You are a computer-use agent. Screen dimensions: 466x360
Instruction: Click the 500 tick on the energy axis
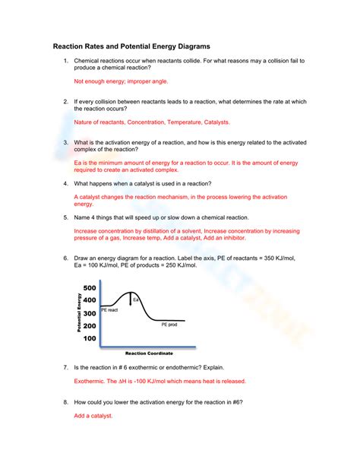[90, 287]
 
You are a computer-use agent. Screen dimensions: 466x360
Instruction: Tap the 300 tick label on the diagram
[90, 312]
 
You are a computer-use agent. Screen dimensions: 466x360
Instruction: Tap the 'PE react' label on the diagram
[110, 310]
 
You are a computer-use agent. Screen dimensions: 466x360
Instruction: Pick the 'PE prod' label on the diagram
[169, 325]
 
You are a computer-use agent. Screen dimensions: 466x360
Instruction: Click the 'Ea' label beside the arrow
[137, 300]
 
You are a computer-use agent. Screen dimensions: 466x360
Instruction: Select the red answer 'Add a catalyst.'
[93, 416]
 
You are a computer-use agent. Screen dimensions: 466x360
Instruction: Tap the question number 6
[66, 258]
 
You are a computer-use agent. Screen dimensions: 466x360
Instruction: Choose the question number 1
[66, 61]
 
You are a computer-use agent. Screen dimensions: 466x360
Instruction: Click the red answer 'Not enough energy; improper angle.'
[121, 81]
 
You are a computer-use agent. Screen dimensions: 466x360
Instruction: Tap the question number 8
[66, 401]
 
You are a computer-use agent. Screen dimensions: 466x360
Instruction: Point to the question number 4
[66, 183]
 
